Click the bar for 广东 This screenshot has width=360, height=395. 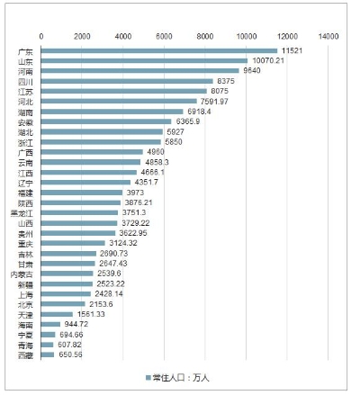[159, 50]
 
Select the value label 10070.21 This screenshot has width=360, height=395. [266, 60]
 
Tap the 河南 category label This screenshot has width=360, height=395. [27, 71]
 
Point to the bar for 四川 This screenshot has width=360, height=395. [127, 81]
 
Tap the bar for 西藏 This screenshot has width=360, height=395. [48, 355]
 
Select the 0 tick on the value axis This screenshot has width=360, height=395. [40, 35]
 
